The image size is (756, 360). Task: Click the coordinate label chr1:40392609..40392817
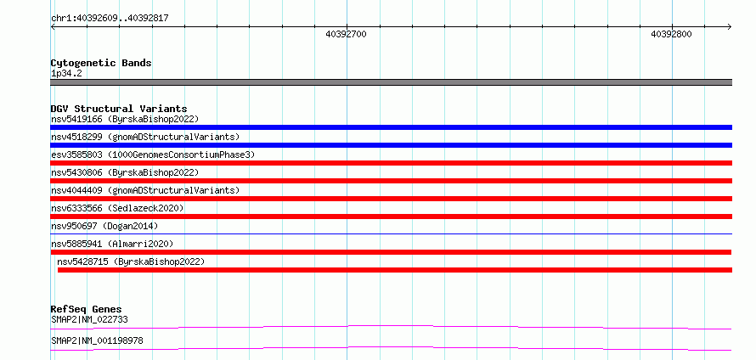coord(110,19)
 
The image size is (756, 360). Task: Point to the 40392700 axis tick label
coord(347,34)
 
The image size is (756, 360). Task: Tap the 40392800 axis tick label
coord(671,34)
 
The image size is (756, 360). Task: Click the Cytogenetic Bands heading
coord(101,63)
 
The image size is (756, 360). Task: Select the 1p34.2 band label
coord(65,74)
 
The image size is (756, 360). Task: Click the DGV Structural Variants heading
coord(119,109)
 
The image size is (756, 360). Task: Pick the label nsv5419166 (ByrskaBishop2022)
coord(125,119)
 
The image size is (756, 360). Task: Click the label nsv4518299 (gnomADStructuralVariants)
coord(145,137)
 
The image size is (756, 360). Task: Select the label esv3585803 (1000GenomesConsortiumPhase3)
coord(153,155)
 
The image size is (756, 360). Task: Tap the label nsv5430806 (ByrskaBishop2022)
coord(125,172)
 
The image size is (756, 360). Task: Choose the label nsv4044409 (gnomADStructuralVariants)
coord(145,190)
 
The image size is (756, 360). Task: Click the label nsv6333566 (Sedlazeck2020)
coord(117,208)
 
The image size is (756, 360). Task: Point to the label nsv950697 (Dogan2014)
coord(104,226)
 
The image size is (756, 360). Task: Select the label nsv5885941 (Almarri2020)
coord(112,244)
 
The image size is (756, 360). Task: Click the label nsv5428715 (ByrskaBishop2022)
coord(131,262)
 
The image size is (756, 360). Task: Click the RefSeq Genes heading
coord(87,309)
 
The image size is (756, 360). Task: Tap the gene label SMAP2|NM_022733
coord(89,319)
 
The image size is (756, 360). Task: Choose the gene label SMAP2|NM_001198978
coord(97,341)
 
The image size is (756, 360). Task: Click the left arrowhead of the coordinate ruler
coord(52,26)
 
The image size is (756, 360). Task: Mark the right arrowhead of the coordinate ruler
coord(730,26)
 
